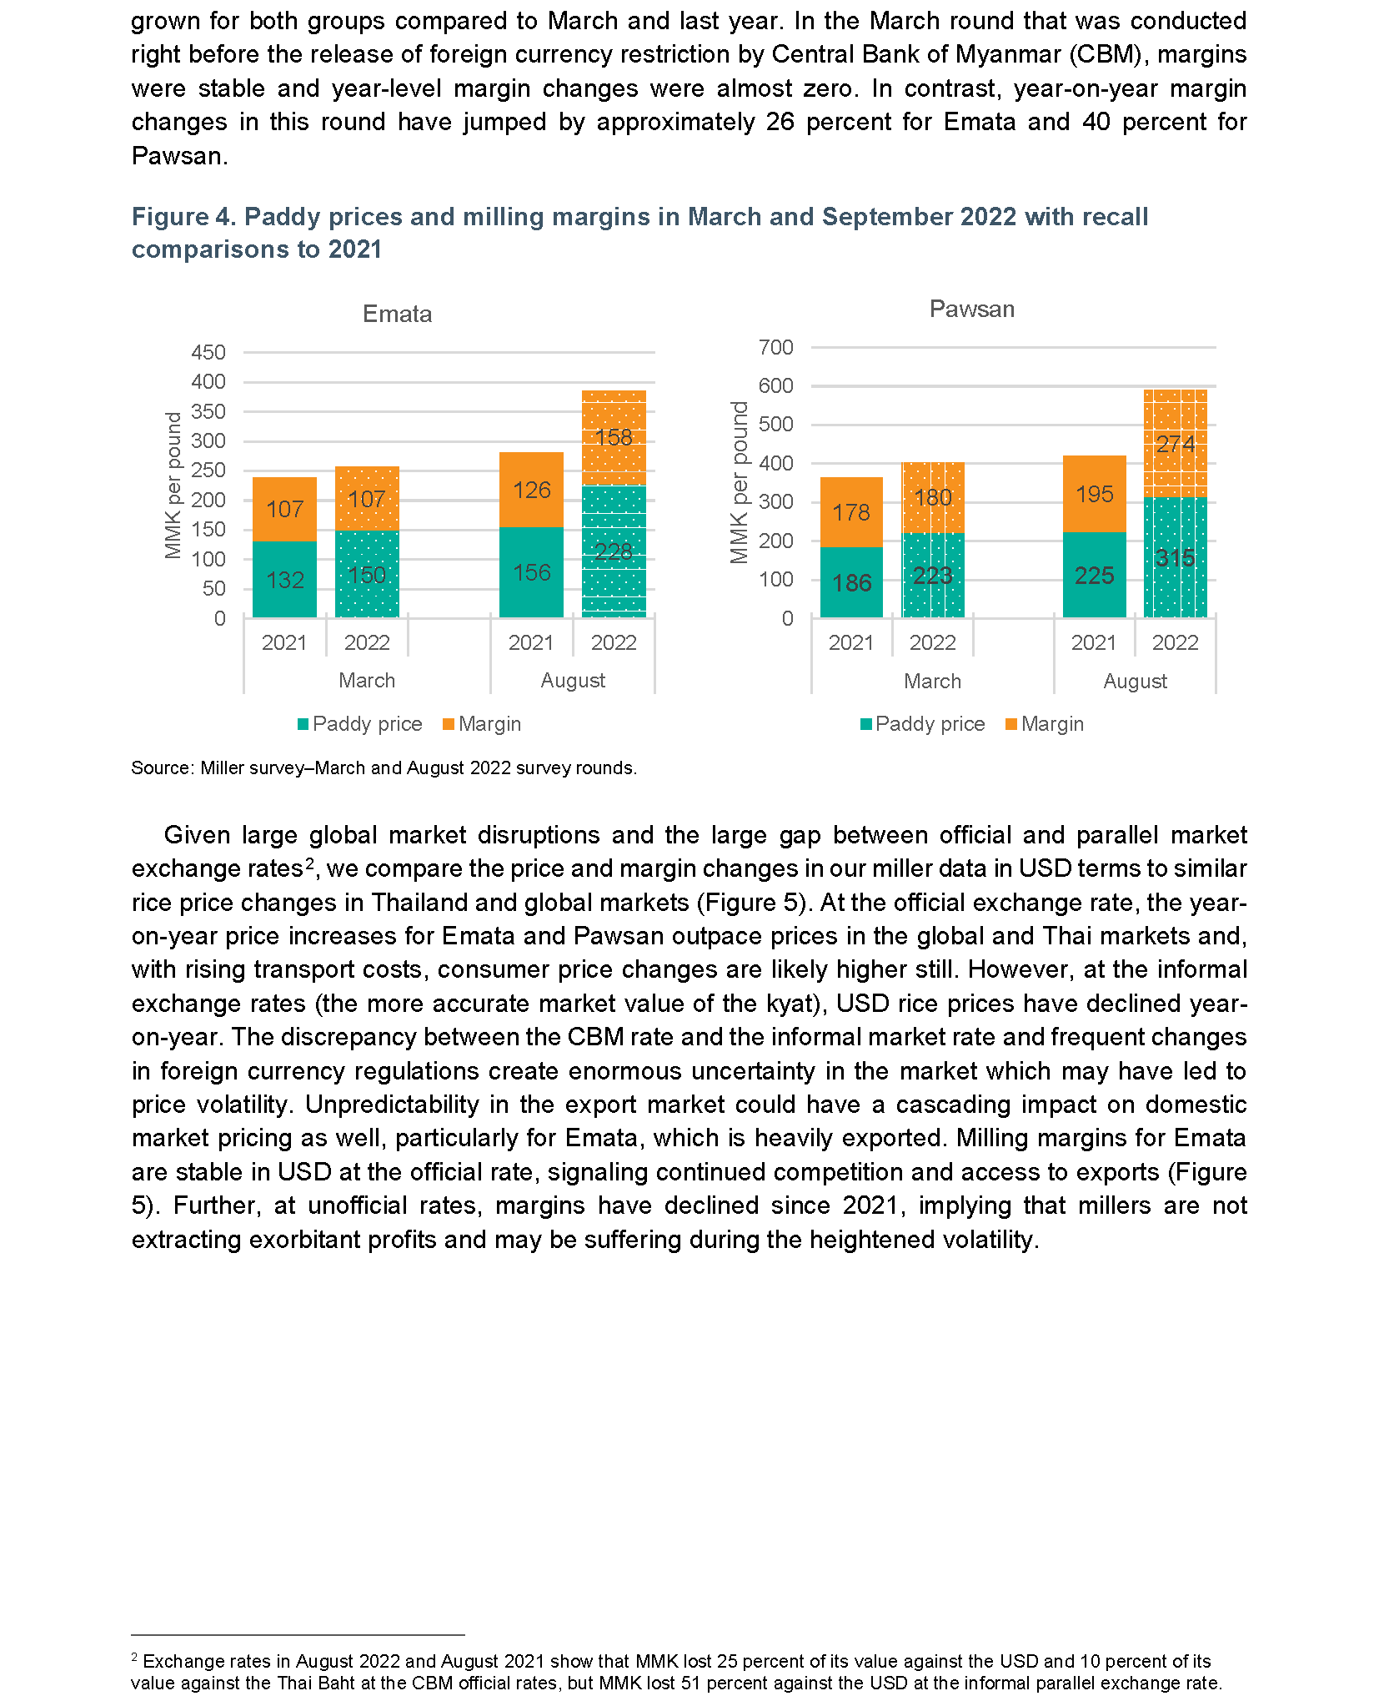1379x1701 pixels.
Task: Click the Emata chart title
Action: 397,315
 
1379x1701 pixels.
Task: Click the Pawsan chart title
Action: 972,310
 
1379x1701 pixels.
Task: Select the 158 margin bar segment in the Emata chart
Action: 614,438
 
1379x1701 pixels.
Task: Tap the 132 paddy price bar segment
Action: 284,580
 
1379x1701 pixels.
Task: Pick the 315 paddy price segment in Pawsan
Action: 1176,557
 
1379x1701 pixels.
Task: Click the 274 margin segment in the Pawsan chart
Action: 1176,443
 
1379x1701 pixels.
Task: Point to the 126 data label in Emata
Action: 532,490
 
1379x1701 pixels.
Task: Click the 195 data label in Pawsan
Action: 1095,494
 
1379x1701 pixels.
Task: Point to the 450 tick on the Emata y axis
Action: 208,352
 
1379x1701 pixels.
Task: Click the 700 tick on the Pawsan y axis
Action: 776,347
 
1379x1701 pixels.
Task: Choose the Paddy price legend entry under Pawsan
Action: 923,724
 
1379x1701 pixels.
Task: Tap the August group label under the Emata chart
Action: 573,681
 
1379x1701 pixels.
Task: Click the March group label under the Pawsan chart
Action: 932,682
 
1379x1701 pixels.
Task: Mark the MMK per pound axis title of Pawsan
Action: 740,482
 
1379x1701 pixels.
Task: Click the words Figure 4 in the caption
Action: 183,217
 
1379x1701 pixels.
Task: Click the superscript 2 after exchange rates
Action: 309,863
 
